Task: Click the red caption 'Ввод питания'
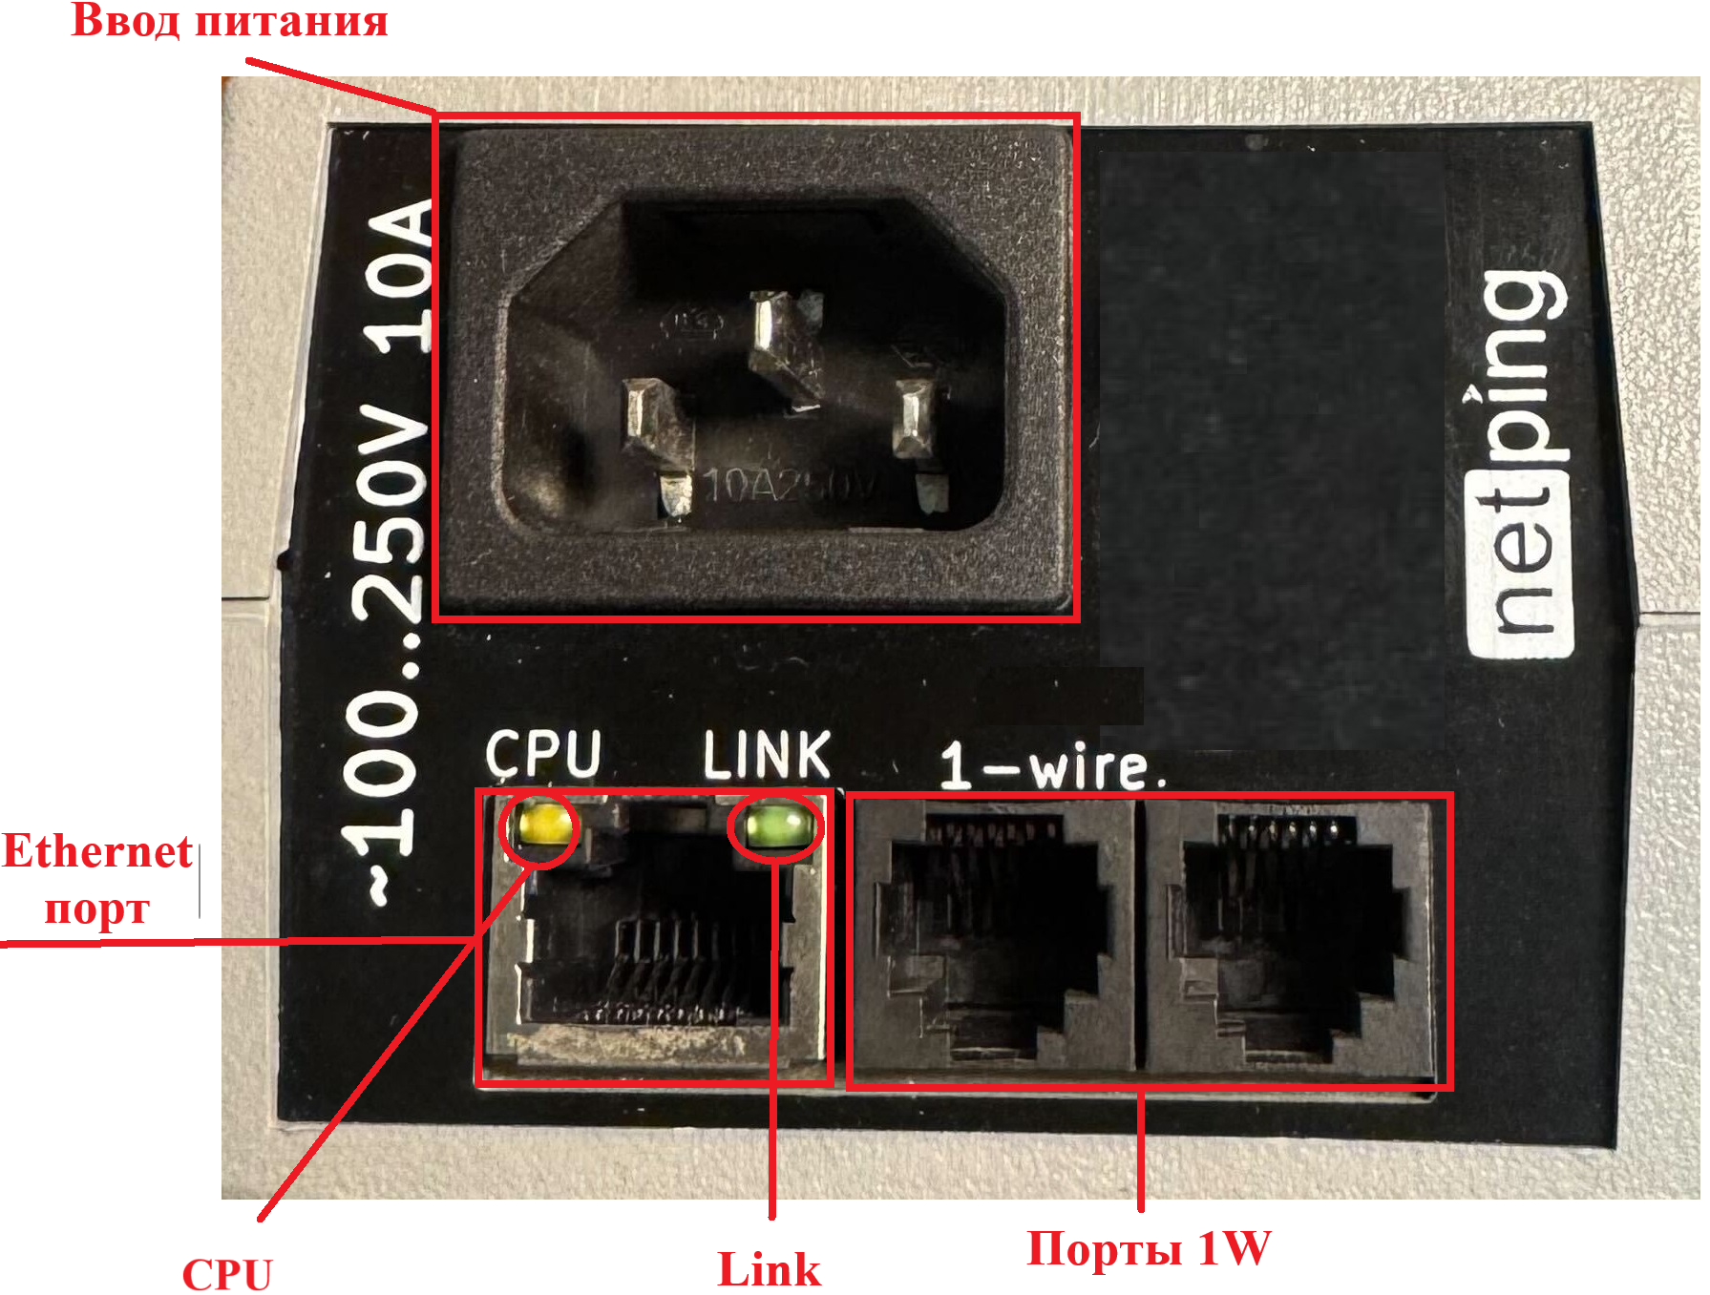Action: tap(229, 21)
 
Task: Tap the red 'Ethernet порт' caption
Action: tap(97, 879)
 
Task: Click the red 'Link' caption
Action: tap(769, 1270)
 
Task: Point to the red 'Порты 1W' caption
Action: tap(1149, 1248)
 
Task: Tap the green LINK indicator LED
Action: tap(774, 825)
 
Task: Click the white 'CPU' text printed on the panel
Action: tap(543, 754)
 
